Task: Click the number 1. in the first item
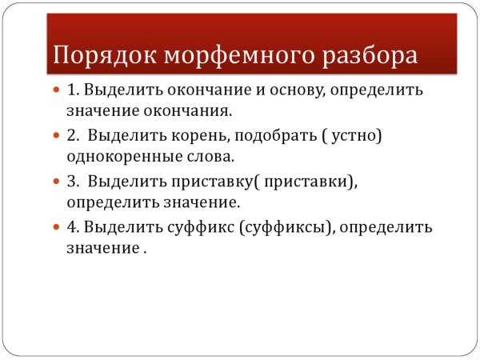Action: pos(73,90)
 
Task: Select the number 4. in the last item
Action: pos(74,227)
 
